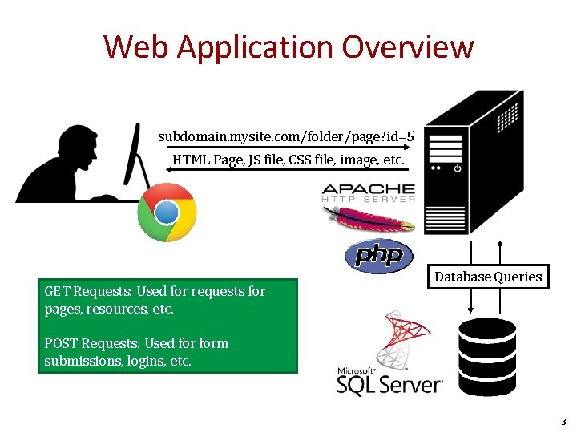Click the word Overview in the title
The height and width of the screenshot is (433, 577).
pyautogui.click(x=408, y=47)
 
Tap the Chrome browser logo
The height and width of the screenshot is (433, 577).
pyautogui.click(x=167, y=212)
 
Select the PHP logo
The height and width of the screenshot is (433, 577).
pyautogui.click(x=379, y=256)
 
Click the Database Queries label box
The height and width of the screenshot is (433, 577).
pyautogui.click(x=488, y=277)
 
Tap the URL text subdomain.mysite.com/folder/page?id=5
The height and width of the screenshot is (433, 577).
pyautogui.click(x=286, y=136)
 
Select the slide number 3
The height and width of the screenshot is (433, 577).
pyautogui.click(x=563, y=422)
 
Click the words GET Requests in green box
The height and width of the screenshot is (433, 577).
pyautogui.click(x=89, y=291)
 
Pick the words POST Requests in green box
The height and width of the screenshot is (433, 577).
pyautogui.click(x=93, y=343)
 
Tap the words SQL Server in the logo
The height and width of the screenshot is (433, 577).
pyautogui.click(x=390, y=384)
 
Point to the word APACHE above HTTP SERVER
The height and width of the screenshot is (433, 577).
pyautogui.click(x=368, y=189)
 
